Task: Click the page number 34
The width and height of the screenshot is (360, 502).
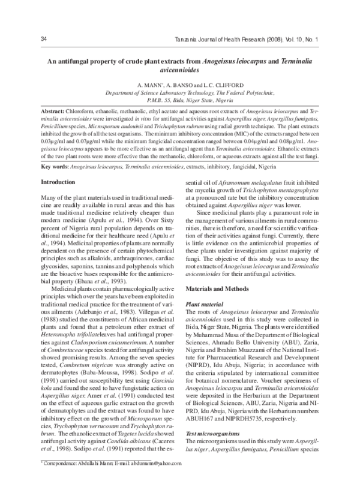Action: point(44,40)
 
